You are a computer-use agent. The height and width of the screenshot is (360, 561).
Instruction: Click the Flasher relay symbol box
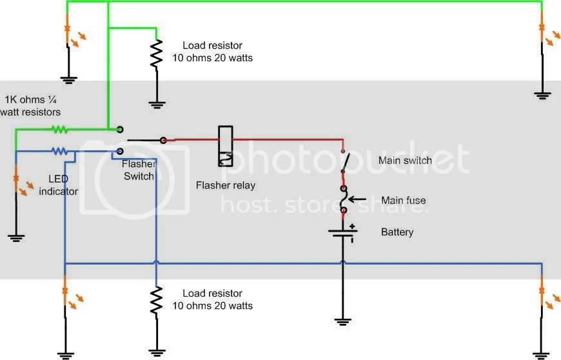pos(226,146)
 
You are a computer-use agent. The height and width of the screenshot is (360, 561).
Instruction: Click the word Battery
pos(397,232)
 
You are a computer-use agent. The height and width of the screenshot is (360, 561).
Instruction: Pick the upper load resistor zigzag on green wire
pos(155,54)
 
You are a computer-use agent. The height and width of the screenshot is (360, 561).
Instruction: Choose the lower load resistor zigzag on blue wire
pos(155,300)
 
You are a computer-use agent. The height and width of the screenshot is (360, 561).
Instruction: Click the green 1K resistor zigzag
pos(59,129)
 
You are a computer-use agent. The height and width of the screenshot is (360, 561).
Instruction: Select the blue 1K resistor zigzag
pos(59,152)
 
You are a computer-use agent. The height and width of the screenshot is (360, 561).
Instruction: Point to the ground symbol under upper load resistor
pos(155,103)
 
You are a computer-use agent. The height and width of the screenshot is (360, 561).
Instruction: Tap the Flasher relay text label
pos(225,186)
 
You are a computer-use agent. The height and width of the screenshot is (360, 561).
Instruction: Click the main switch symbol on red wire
pos(346,161)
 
